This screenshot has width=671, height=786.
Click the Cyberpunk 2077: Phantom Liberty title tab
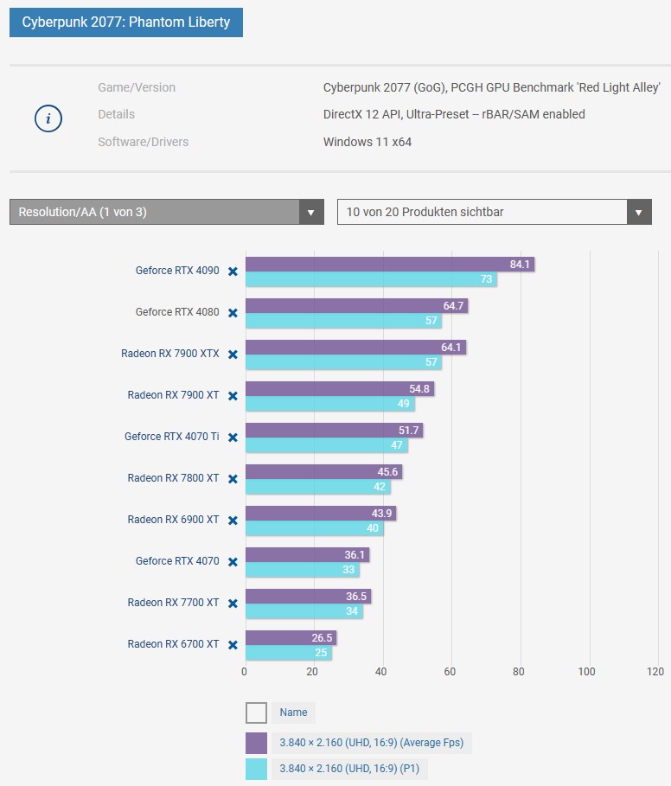[126, 22]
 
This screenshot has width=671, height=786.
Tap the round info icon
[48, 118]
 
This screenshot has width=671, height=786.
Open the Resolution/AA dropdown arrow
[310, 212]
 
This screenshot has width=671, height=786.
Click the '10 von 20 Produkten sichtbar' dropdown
[494, 212]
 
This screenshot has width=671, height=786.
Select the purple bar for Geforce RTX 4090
[389, 265]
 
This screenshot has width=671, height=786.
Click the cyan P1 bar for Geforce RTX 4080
[342, 321]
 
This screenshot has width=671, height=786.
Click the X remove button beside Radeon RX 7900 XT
[233, 396]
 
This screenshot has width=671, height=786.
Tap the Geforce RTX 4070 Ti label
[171, 437]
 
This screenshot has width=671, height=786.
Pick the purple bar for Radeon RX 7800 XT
[323, 472]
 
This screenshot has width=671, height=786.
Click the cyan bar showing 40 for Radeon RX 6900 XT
[314, 528]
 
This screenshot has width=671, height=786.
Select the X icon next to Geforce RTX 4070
[233, 562]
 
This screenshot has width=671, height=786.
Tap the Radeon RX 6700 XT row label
[173, 644]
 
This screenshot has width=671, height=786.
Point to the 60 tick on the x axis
[450, 672]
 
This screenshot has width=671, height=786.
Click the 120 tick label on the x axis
[655, 672]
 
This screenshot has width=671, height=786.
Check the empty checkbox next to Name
[256, 713]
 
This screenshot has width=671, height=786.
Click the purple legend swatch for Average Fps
[256, 743]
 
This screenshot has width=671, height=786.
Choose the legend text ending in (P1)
[348, 769]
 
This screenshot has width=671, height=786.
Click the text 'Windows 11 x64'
[367, 142]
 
